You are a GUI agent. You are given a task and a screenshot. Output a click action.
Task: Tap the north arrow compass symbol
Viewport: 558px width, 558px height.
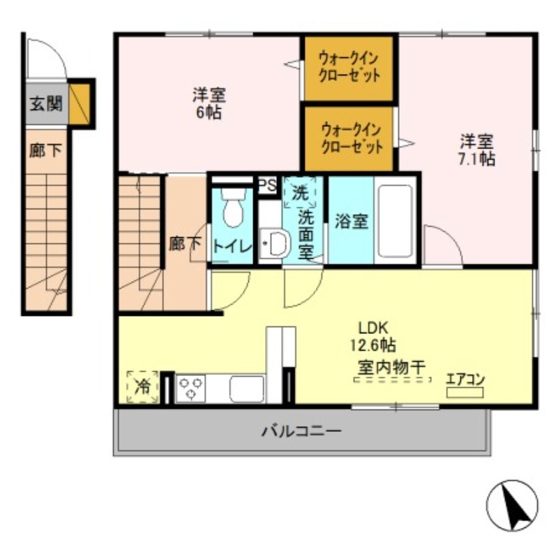pyautogui.click(x=512, y=506)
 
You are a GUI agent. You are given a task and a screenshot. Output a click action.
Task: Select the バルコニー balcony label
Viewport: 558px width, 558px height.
pyautogui.click(x=302, y=431)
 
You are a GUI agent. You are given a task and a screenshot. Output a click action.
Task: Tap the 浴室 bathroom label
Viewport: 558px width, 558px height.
pyautogui.click(x=351, y=221)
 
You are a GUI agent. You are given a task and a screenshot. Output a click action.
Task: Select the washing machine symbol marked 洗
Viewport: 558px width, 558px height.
pyautogui.click(x=300, y=191)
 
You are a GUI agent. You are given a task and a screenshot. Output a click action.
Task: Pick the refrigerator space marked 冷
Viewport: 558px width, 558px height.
pyautogui.click(x=142, y=386)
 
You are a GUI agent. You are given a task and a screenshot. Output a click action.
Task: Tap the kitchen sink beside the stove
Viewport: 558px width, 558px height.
pyautogui.click(x=247, y=389)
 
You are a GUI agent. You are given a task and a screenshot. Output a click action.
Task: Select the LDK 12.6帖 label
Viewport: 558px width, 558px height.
pyautogui.click(x=377, y=335)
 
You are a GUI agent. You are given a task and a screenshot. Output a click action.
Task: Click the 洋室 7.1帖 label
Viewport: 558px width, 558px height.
pyautogui.click(x=477, y=150)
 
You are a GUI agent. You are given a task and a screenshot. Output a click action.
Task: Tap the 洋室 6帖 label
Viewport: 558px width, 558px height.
pyautogui.click(x=209, y=103)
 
